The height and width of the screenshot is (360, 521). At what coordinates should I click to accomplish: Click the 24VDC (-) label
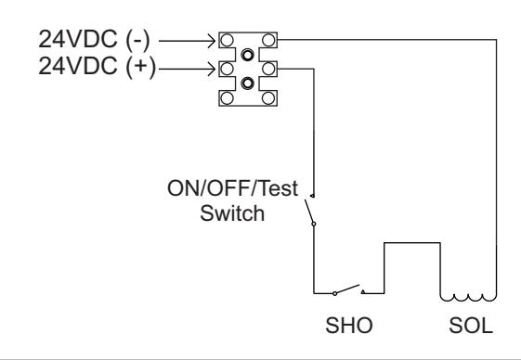[94, 40]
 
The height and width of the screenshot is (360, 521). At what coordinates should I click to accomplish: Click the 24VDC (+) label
[97, 66]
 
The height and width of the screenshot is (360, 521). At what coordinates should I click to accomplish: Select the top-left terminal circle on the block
[227, 40]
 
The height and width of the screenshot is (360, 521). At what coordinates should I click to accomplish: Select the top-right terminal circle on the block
[268, 40]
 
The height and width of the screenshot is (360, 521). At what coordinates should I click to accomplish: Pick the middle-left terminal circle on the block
[227, 69]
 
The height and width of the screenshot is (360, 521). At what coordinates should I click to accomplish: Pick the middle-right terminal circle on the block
[268, 69]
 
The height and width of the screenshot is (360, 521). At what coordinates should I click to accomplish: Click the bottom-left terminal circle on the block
[227, 98]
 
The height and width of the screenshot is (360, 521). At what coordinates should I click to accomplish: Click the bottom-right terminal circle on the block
[268, 98]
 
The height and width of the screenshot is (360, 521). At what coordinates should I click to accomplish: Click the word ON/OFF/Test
[232, 188]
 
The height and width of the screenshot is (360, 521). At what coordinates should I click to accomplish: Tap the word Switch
[232, 213]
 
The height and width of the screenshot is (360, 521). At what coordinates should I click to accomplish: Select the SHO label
[349, 326]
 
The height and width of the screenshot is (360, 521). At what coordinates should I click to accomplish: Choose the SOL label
[471, 326]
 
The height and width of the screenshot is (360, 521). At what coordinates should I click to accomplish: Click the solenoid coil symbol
[468, 298]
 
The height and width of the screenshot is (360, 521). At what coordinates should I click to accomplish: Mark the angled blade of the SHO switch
[347, 289]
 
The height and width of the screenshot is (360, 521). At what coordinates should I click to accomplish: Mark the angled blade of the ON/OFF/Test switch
[309, 212]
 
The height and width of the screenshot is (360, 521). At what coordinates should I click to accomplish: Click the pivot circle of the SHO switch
[334, 293]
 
